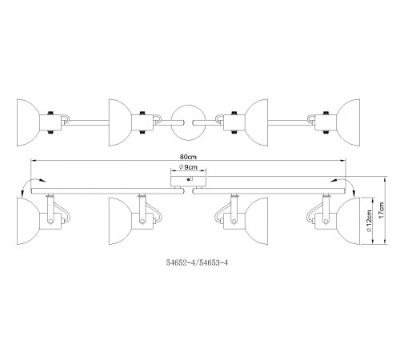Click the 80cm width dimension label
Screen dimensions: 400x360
coord(188,157)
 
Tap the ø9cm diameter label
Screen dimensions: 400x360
coord(188,167)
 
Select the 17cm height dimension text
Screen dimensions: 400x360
coord(382,210)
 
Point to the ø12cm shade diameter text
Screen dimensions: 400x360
coord(369,221)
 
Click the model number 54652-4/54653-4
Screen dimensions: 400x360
coord(197,262)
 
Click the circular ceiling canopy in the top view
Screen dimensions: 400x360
coord(188,122)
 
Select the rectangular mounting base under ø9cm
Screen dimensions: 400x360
coord(188,181)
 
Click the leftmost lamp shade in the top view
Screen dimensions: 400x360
coord(26,122)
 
